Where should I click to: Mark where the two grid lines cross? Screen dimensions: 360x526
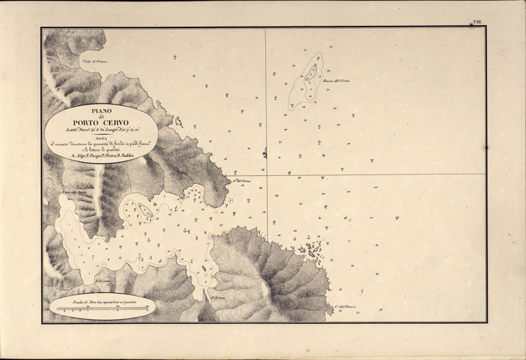point(266,174)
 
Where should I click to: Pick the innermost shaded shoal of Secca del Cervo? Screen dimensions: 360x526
point(312,71)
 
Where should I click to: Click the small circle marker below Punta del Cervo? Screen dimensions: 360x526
point(231,200)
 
